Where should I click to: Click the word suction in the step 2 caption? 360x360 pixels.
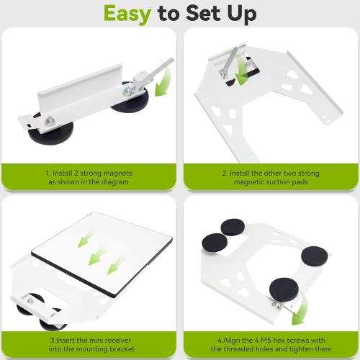(277, 183)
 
